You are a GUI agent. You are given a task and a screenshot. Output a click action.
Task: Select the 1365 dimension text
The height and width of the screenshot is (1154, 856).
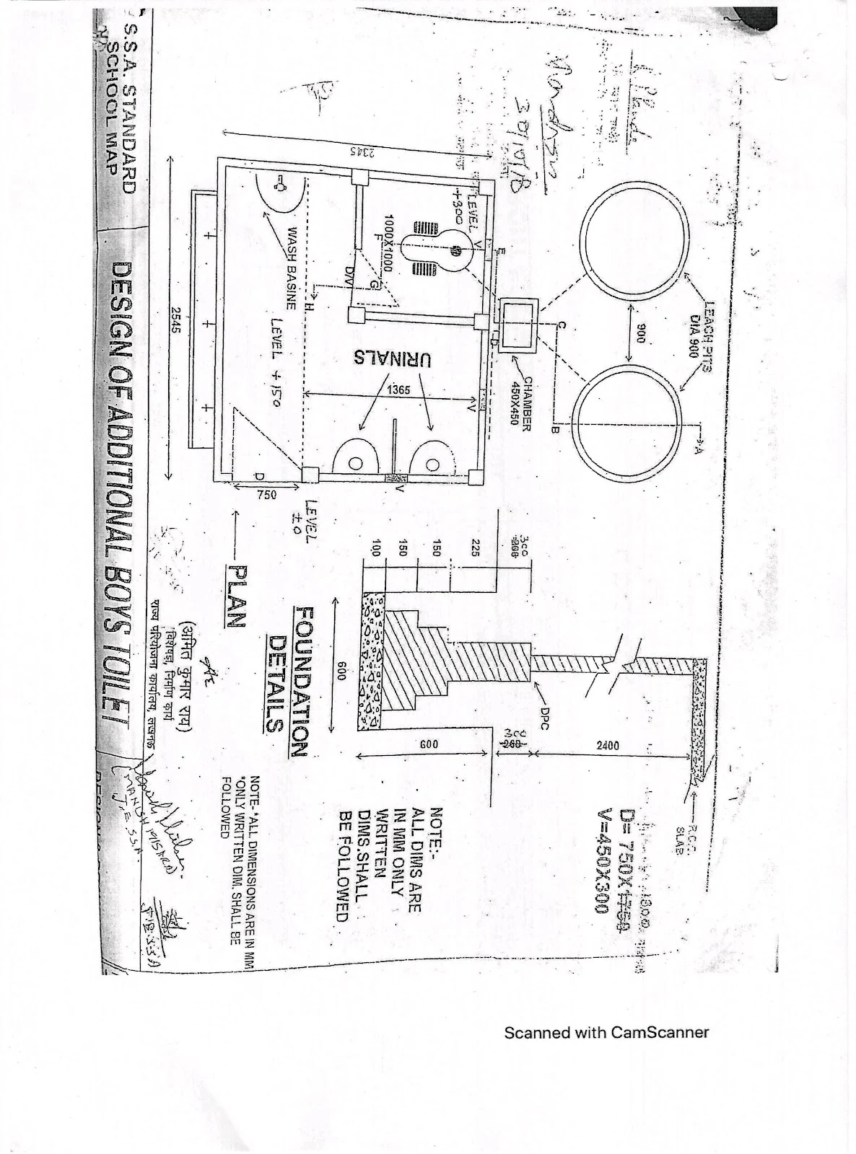point(398,389)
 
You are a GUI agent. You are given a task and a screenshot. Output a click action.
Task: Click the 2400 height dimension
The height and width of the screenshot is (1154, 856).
point(608,745)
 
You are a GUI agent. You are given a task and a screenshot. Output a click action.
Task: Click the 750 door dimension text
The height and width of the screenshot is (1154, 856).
point(266,495)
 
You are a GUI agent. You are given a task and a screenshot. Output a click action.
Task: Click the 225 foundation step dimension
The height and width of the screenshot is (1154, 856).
point(476,544)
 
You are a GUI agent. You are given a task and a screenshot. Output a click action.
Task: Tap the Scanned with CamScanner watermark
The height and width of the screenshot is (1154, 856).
point(606,1032)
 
